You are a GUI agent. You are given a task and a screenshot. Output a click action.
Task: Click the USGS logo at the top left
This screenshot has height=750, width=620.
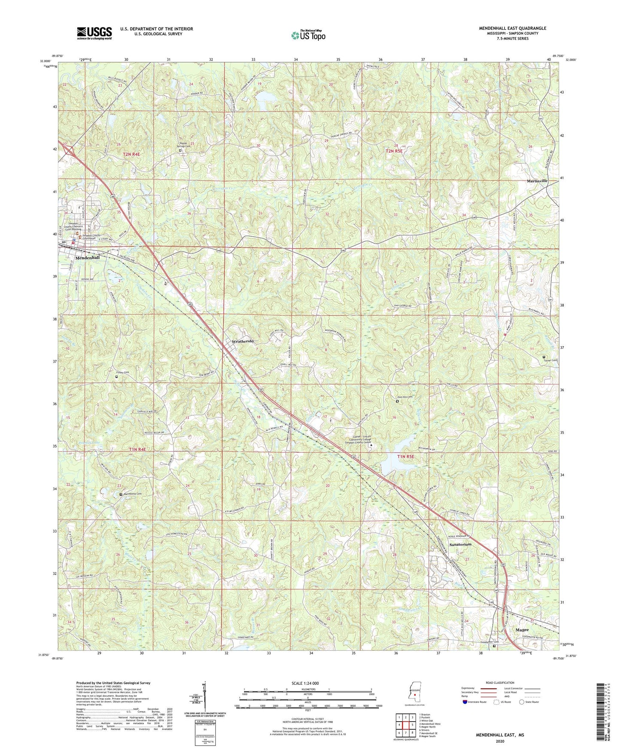94,33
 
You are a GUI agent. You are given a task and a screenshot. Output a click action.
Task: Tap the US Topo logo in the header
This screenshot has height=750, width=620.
307,35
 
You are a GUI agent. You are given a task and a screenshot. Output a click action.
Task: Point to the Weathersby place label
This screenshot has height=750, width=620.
243,341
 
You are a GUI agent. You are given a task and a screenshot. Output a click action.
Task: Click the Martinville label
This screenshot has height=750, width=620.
537,181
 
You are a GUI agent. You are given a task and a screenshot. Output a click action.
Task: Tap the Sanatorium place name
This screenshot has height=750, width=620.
460,544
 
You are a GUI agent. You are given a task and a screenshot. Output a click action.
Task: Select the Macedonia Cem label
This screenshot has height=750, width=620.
132,494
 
